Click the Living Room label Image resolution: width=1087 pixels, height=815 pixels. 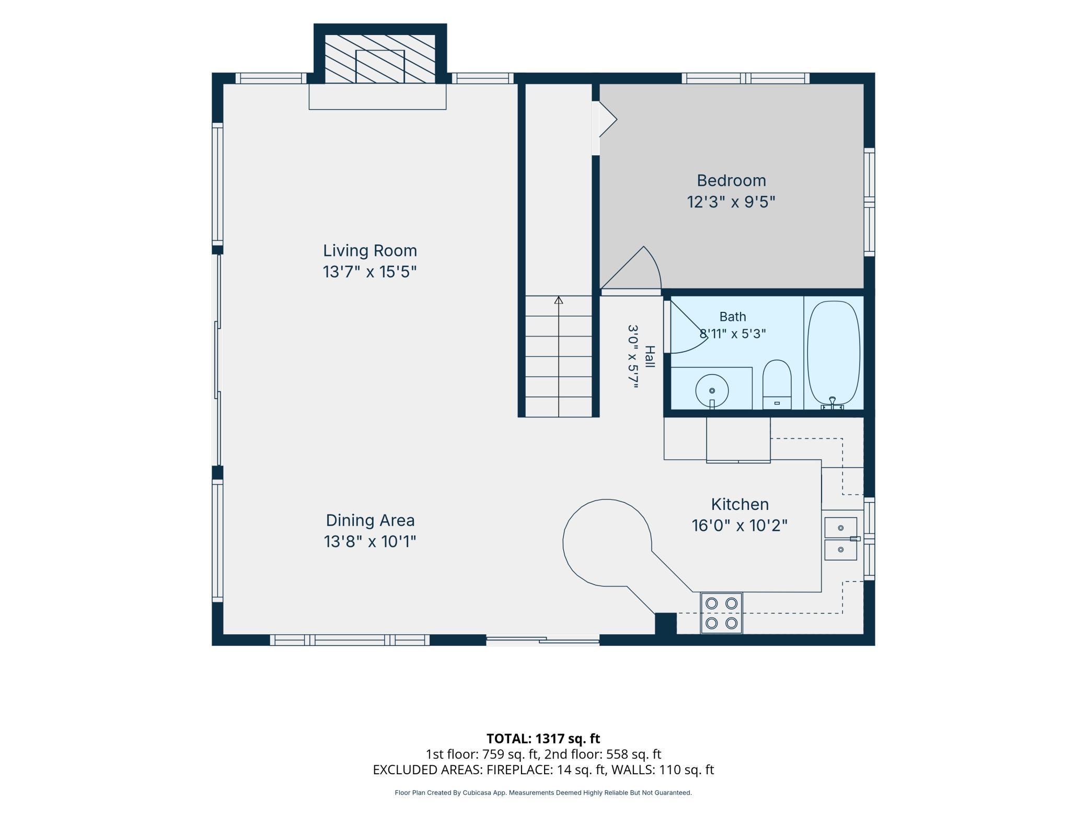coord(370,251)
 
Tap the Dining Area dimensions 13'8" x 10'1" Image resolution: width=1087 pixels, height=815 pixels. coord(370,541)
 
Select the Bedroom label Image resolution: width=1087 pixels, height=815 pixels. coord(731,181)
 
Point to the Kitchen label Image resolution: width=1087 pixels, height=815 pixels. coord(739,504)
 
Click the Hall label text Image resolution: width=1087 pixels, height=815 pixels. coord(650,357)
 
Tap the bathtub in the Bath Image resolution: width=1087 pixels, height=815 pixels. coord(834,355)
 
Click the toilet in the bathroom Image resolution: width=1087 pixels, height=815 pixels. coord(777,385)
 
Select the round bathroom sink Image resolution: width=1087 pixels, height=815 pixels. coord(712,390)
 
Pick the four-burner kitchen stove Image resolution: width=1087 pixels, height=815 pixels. coord(721,613)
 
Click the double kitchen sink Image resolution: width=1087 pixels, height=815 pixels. coord(840,539)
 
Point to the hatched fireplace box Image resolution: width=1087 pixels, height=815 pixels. coord(380,59)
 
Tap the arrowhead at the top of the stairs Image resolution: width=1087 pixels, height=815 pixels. coord(559,300)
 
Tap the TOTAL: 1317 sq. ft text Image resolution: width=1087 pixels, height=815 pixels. coord(543,739)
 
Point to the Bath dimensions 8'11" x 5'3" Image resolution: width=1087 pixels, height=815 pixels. coord(733,333)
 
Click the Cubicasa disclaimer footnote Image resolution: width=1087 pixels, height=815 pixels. coord(543,793)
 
